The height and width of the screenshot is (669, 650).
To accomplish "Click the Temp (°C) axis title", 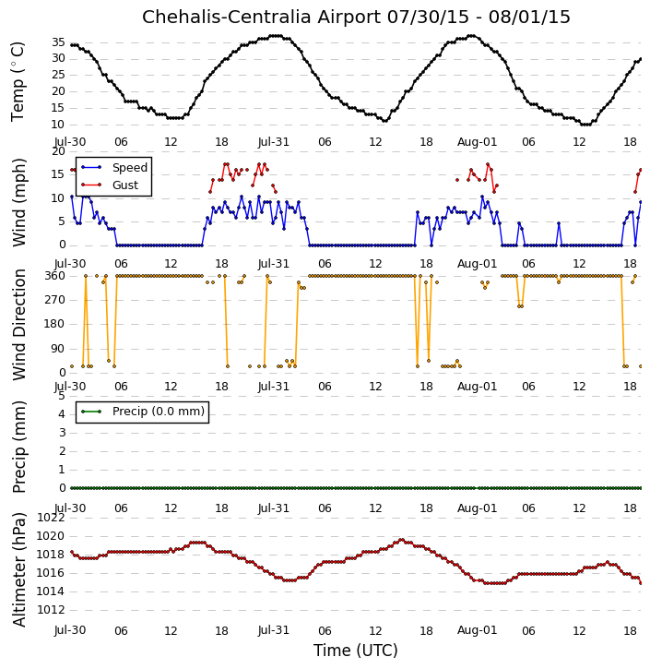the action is (x=18, y=82).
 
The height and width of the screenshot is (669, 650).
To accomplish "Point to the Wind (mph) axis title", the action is (x=19, y=202).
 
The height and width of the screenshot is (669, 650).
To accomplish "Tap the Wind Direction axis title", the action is (x=19, y=325).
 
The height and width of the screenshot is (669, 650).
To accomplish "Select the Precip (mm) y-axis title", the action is (x=19, y=447).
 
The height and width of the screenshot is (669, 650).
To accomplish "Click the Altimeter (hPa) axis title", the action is (x=19, y=569).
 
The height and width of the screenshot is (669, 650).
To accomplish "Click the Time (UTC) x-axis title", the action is (x=356, y=651).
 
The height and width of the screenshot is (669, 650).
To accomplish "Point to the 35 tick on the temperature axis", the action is (x=58, y=42).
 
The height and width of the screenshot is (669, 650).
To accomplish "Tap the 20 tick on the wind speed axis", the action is (x=58, y=151).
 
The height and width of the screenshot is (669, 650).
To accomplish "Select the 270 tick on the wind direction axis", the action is (x=55, y=300).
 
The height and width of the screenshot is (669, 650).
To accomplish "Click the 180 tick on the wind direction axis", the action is (x=55, y=324).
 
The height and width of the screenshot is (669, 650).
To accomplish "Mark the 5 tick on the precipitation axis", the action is (x=62, y=396).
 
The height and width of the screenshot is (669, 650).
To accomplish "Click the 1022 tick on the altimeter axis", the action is (x=51, y=518).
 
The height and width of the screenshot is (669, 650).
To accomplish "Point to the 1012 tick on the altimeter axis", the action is (x=51, y=610).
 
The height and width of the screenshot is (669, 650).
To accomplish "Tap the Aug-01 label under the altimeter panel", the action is (x=478, y=630).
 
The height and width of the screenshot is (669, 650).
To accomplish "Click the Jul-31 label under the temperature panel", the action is (x=274, y=142).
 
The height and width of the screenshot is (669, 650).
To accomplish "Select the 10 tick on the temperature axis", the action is (x=58, y=125).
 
